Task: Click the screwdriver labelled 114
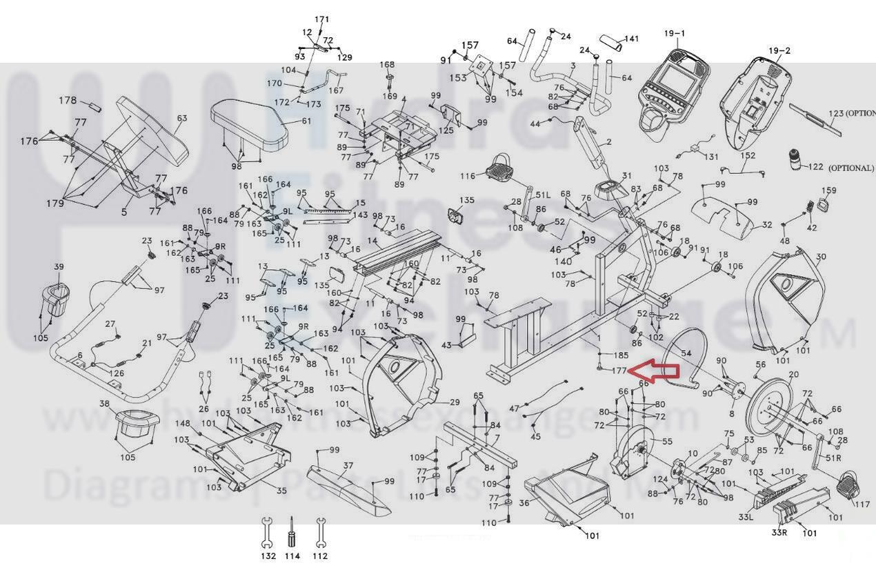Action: coord(292,532)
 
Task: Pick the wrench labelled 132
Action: coord(267,531)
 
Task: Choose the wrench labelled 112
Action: coord(319,531)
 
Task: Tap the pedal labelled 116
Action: coord(502,169)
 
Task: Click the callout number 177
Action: coord(619,371)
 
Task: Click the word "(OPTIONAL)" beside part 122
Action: coord(850,168)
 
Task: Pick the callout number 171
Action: coord(322,19)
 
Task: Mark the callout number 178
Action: coord(68,101)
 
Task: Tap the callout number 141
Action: coord(631,39)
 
